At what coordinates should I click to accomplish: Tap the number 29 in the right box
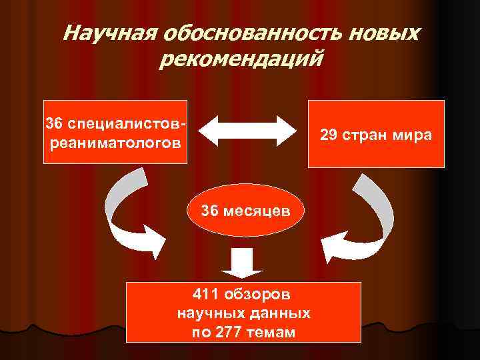(328, 135)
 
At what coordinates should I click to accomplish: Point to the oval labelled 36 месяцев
(246, 211)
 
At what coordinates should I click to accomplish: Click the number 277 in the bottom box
(231, 331)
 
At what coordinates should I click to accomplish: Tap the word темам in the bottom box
(271, 331)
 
